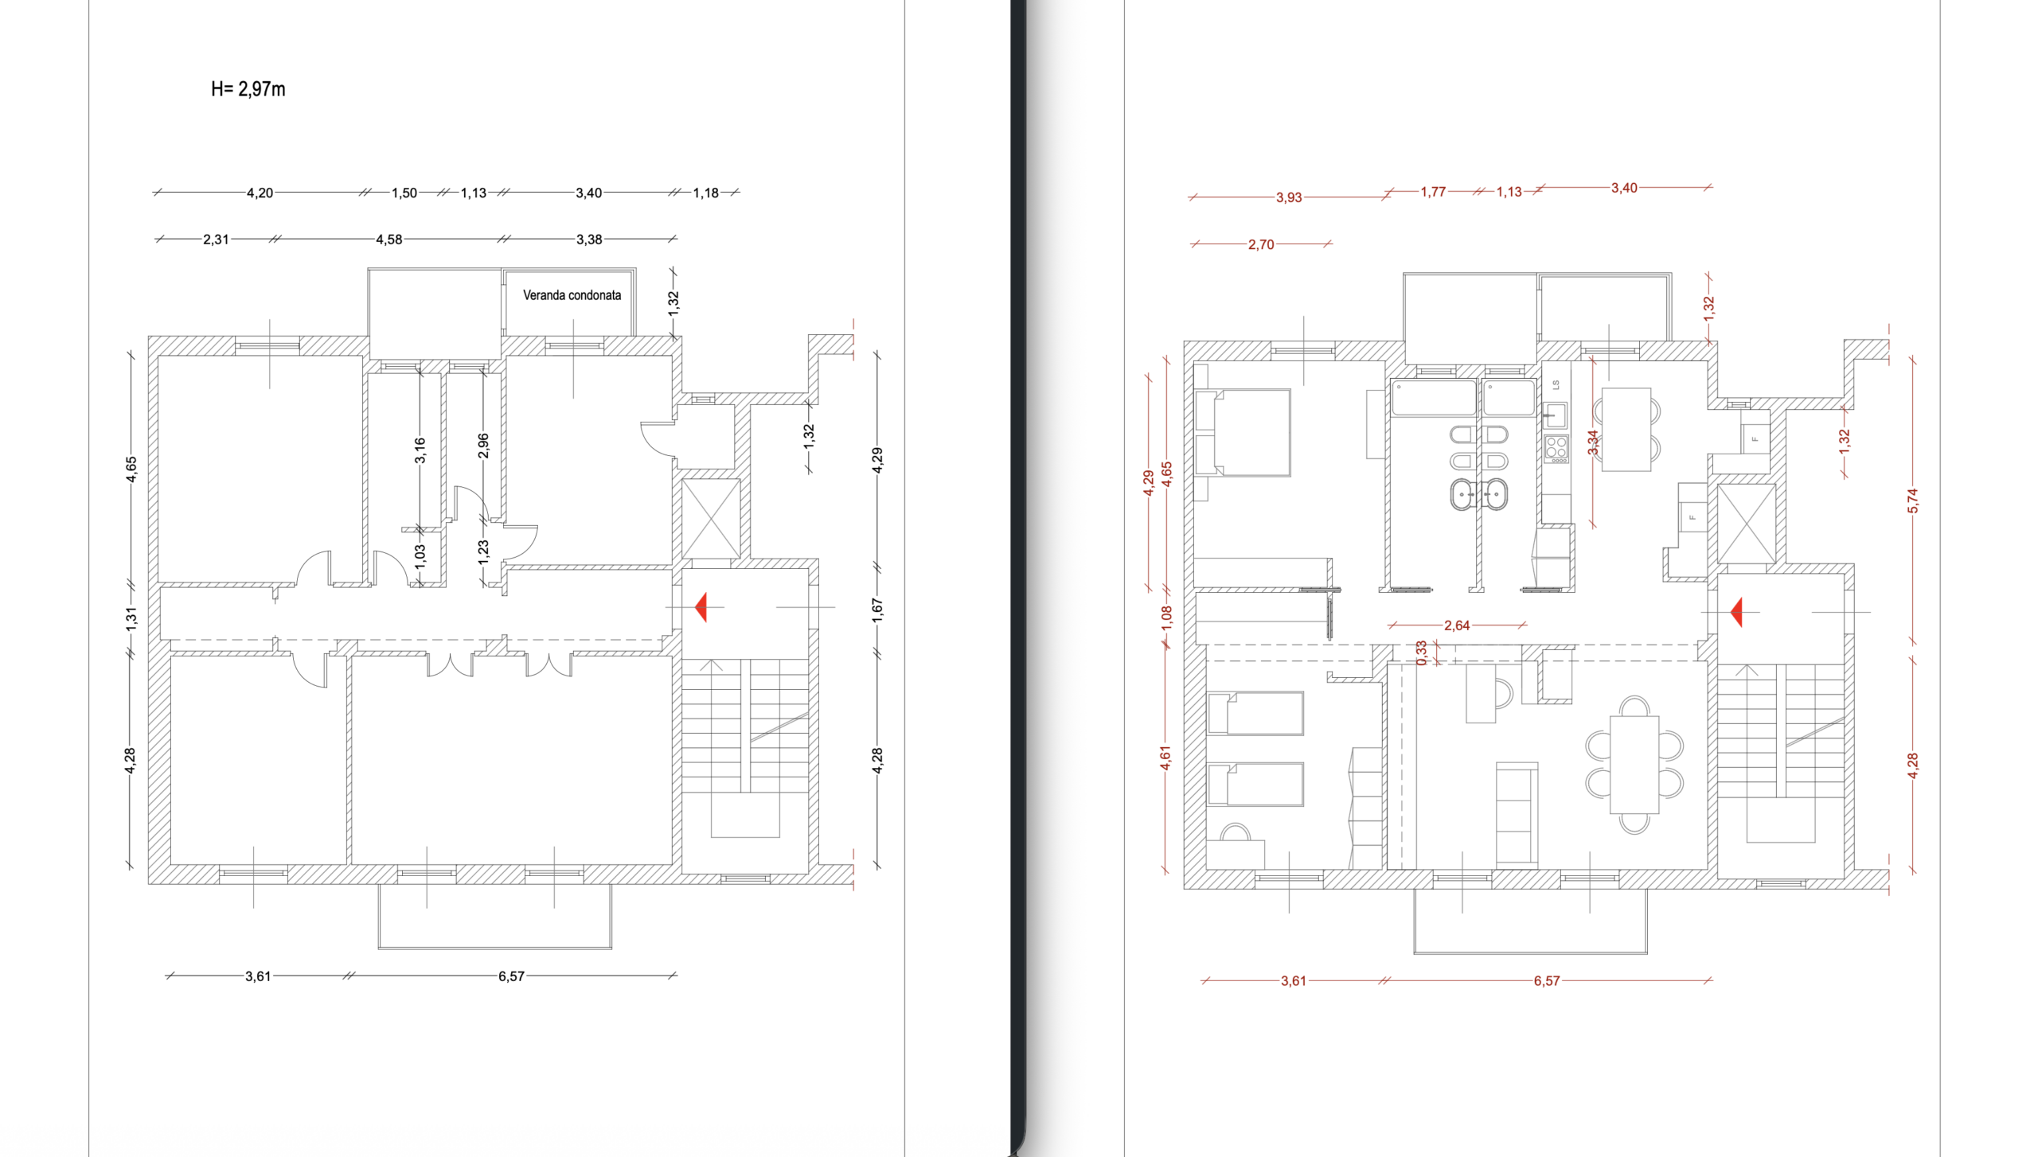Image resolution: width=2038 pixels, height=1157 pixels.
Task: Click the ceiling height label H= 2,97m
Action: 248,89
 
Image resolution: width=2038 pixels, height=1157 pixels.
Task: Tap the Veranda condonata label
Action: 572,295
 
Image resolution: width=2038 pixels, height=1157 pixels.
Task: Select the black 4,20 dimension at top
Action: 260,193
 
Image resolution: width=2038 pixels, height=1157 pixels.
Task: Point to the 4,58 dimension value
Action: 388,240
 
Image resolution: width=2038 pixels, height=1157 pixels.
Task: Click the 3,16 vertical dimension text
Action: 420,450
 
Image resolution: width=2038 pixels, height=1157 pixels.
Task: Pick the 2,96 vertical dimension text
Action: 483,446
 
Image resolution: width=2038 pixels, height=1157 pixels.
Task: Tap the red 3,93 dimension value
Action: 1289,197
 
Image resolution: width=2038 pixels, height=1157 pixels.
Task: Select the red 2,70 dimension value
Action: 1261,244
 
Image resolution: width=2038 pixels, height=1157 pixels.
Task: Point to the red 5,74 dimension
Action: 1913,501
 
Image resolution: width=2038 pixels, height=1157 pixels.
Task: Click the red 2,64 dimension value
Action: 1457,625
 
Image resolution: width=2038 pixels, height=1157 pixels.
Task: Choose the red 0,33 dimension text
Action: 1422,653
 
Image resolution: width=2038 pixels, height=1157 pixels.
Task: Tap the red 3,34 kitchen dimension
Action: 1593,442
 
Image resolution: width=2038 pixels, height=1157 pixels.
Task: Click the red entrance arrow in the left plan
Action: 701,607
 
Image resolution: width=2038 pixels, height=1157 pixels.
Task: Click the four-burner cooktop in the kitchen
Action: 1556,449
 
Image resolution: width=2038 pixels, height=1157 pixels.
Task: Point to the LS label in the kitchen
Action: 1556,385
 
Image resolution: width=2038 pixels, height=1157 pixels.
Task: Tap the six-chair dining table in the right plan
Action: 1634,765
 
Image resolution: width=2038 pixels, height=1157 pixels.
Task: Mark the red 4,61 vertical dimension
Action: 1165,758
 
